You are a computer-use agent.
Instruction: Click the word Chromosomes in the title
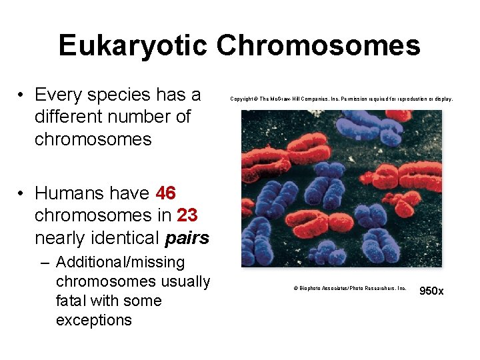click(x=319, y=46)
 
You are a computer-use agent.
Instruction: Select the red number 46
click(x=165, y=193)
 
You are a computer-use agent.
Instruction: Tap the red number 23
click(x=187, y=216)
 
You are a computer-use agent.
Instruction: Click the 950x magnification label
click(x=431, y=291)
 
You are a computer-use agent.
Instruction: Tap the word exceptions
click(x=94, y=320)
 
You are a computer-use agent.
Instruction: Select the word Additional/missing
click(x=121, y=262)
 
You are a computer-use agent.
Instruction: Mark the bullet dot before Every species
click(x=22, y=95)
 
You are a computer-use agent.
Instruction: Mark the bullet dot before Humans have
click(x=22, y=193)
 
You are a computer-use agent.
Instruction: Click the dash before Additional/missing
click(x=45, y=262)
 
